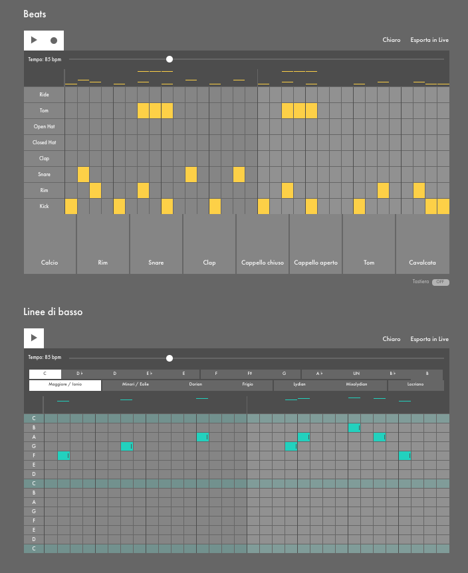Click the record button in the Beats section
pos(54,41)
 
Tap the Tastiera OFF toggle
pos(440,282)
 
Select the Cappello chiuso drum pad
pos(263,244)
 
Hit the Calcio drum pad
pos(50,244)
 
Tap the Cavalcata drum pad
pos(422,244)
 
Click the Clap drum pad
pos(209,244)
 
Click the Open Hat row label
pos(45,126)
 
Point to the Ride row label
pos(45,94)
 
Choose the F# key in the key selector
pos(250,374)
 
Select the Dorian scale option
pos(195,384)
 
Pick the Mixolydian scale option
pos(356,384)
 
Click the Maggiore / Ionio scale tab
pos(64,384)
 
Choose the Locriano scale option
pos(415,384)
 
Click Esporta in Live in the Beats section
pos(429,40)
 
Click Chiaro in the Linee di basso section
pos(392,339)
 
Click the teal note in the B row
pos(354,427)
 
